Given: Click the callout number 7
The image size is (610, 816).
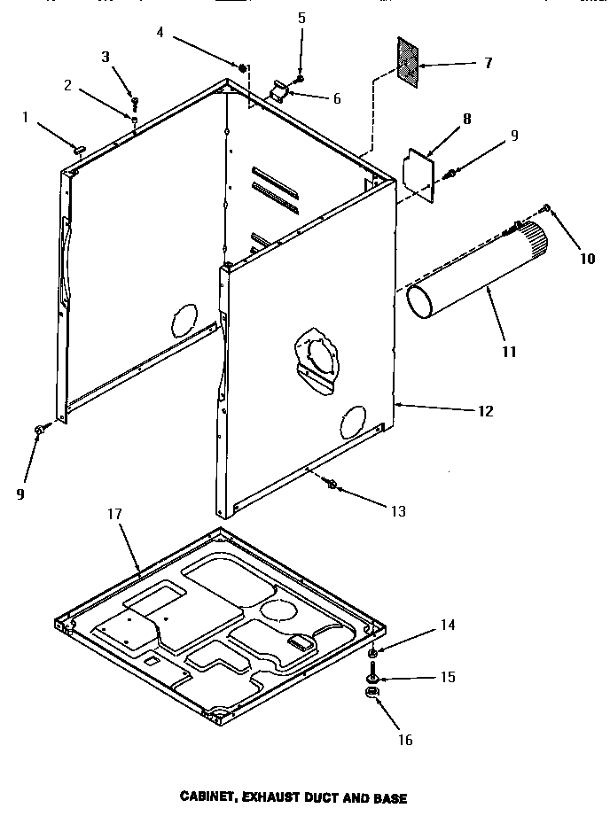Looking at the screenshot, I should (x=489, y=64).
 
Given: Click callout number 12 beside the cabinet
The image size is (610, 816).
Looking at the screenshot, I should (x=484, y=411).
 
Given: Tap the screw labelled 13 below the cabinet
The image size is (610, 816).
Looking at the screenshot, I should (x=331, y=484).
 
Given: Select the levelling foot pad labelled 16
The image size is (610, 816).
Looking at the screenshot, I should (x=371, y=691).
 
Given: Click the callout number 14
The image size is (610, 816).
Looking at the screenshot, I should (x=448, y=626).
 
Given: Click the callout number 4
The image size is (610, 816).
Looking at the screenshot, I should (x=160, y=33).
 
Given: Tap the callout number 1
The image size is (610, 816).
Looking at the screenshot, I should (x=26, y=117).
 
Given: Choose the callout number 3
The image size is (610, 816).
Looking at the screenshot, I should (x=106, y=58).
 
